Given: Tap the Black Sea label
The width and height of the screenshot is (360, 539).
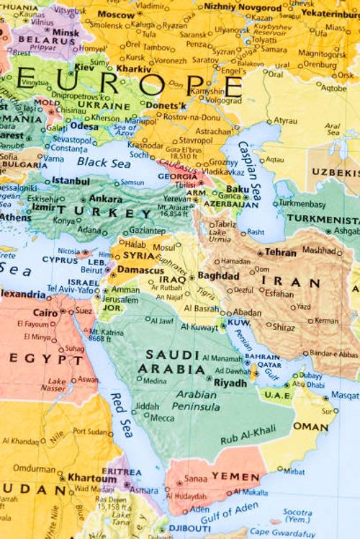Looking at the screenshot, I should coord(104,163).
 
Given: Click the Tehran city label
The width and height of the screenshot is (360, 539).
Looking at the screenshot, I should coord(280,253).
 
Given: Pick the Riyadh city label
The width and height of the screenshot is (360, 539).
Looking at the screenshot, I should coord(230,382).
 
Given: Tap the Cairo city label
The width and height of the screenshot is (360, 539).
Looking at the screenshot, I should coord(45,313).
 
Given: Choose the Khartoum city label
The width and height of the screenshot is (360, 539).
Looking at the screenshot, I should coord(91,477).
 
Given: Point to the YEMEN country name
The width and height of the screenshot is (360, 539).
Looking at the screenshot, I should coord(235,477).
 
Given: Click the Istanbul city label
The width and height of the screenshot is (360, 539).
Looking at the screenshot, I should coord(71,180).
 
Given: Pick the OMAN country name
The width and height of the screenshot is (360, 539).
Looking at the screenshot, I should coord(310,427).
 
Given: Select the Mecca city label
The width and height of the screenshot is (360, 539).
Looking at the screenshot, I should coord(162,417).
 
